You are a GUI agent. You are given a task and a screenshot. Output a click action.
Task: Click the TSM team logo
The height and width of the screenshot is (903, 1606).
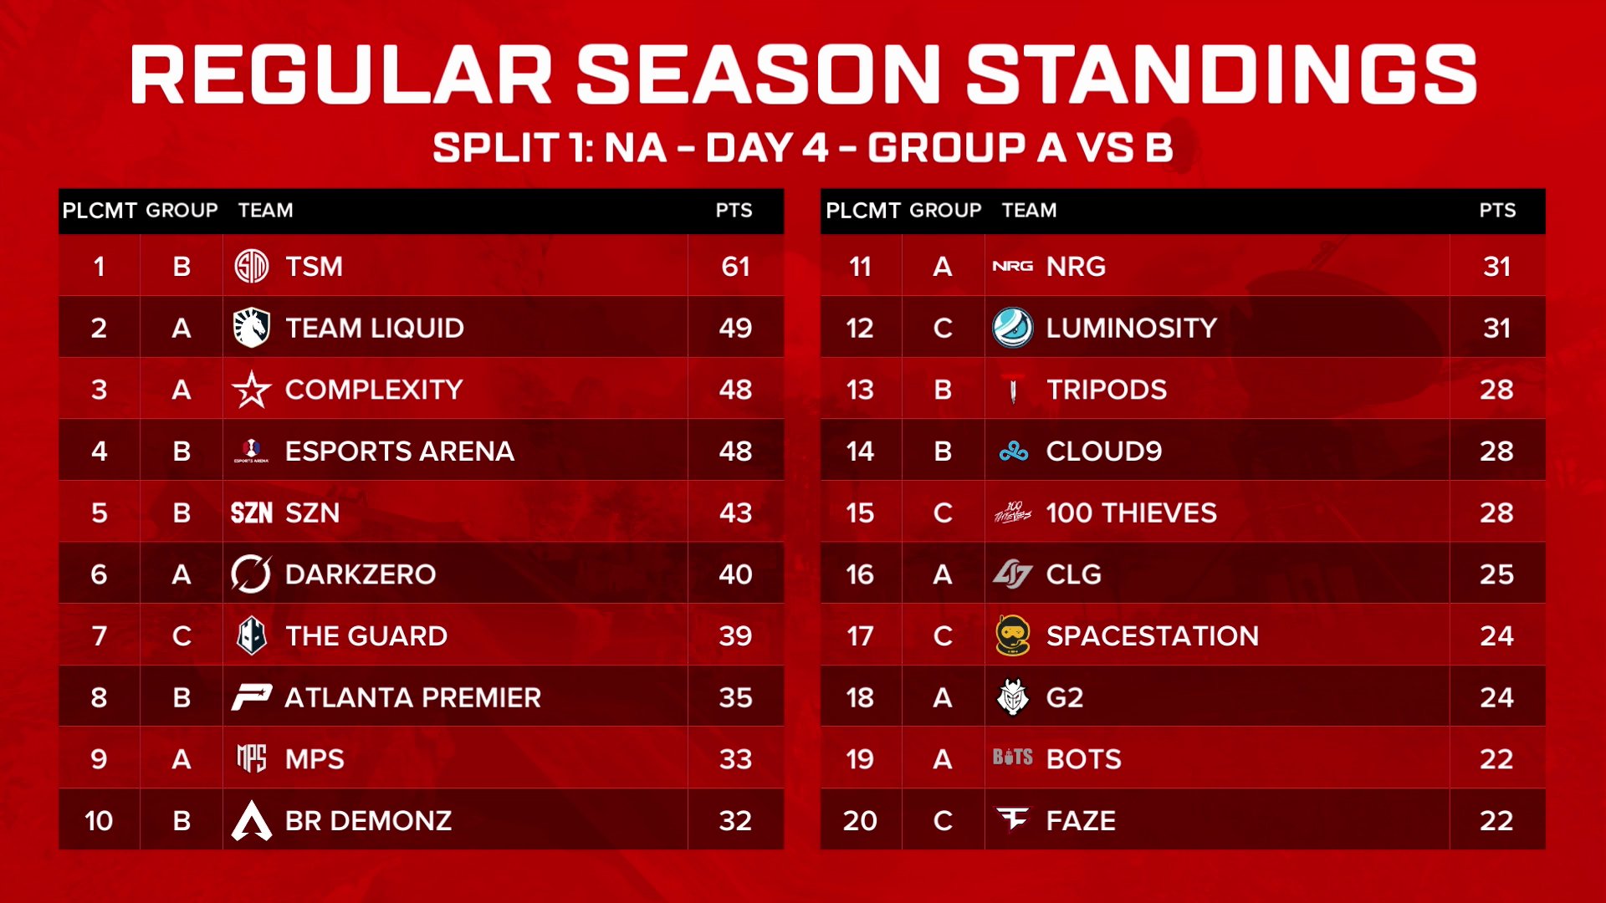pyautogui.click(x=251, y=266)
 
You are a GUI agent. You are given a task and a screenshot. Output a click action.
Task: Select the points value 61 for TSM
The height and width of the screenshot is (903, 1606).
pyautogui.click(x=735, y=266)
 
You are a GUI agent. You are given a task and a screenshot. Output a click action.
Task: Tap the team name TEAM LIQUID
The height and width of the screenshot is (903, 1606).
pyautogui.click(x=374, y=328)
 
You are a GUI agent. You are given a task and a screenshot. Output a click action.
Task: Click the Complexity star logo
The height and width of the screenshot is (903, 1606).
pyautogui.click(x=251, y=390)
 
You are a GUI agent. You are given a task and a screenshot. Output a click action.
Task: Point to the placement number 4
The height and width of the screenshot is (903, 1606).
pyautogui.click(x=99, y=451)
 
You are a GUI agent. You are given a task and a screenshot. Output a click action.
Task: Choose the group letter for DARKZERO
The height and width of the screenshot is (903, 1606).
pyautogui.click(x=181, y=574)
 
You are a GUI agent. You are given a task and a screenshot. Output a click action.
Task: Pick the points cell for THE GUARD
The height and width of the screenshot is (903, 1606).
pyautogui.click(x=735, y=636)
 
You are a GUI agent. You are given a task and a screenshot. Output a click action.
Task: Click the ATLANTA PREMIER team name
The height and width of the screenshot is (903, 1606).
pyautogui.click(x=412, y=697)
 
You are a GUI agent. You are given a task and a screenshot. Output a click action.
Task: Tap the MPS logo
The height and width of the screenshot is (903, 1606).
pyautogui.click(x=251, y=758)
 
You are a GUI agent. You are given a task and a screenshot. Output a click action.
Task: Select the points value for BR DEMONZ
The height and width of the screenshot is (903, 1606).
pyautogui.click(x=735, y=820)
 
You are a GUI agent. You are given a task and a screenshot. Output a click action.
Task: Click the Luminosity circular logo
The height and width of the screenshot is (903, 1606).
pyautogui.click(x=1012, y=328)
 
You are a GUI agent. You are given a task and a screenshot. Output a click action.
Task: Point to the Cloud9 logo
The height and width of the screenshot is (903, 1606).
pyautogui.click(x=1013, y=451)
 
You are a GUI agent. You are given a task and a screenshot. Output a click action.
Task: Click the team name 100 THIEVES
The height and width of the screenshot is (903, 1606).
pyautogui.click(x=1131, y=513)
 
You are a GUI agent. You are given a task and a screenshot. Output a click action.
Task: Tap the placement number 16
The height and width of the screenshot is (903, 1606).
pyautogui.click(x=860, y=574)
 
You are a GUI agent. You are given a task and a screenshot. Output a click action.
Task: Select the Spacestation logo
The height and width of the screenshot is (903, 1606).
pyautogui.click(x=1012, y=635)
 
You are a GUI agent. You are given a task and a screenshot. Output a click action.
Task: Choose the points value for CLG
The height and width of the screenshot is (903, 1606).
pyautogui.click(x=1496, y=574)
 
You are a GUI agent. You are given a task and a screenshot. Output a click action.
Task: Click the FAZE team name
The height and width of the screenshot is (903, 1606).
pyautogui.click(x=1081, y=820)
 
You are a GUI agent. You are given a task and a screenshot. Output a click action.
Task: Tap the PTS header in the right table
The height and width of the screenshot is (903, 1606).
pyautogui.click(x=1496, y=210)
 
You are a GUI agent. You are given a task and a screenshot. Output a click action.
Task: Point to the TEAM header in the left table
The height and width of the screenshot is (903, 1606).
pyautogui.click(x=265, y=210)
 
